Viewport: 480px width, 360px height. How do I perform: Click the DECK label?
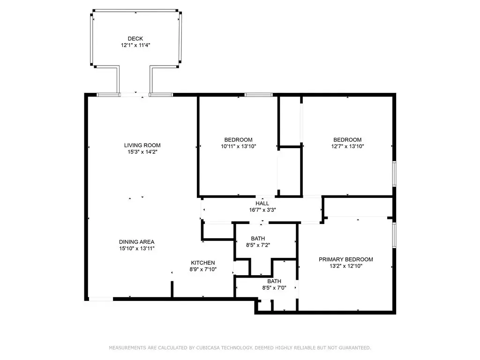[135, 38]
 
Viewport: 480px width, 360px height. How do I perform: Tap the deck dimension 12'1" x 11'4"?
[135, 45]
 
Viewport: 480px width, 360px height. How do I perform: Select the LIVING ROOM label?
[142, 145]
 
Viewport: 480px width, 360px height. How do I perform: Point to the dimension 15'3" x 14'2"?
[142, 152]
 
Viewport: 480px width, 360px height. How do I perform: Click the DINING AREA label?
[136, 242]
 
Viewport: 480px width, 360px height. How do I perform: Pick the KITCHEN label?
[203, 262]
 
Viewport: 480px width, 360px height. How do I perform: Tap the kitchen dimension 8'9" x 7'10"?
[203, 270]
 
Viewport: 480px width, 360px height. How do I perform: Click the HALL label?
[262, 203]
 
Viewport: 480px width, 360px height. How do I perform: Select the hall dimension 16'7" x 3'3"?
[262, 210]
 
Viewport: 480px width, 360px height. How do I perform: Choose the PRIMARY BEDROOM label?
[346, 259]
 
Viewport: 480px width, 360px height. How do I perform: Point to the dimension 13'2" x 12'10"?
[346, 266]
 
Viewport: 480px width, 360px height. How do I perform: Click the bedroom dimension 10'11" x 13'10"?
[239, 146]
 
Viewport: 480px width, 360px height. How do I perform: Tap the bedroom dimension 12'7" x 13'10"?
[347, 146]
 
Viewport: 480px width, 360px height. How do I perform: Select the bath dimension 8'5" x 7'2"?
[258, 245]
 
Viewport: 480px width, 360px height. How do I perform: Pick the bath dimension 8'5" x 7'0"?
[274, 288]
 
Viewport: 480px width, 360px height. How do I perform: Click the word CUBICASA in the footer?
[208, 348]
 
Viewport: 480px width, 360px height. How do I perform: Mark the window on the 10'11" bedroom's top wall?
[258, 95]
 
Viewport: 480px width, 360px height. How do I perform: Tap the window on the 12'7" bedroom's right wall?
[394, 173]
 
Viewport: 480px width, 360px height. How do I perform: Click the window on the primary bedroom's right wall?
[394, 235]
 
